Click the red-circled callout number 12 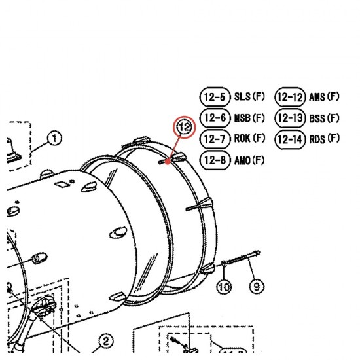pos(185,127)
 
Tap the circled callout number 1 pos(54,138)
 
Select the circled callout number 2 pos(106,341)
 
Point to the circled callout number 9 pos(257,286)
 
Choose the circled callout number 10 pos(224,286)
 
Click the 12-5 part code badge pos(215,97)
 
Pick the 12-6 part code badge pos(215,118)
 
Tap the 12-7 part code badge pos(215,139)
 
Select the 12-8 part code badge pos(215,160)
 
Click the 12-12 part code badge pos(290,97)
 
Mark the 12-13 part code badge pos(290,118)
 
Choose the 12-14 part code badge pos(290,139)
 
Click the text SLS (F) pos(249,96)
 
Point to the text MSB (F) pos(249,118)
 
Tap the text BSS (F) pos(324,118)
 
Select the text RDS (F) pos(324,139)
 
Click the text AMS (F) pos(324,97)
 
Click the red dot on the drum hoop pos(168,162)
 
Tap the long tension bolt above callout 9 pos(243,257)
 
